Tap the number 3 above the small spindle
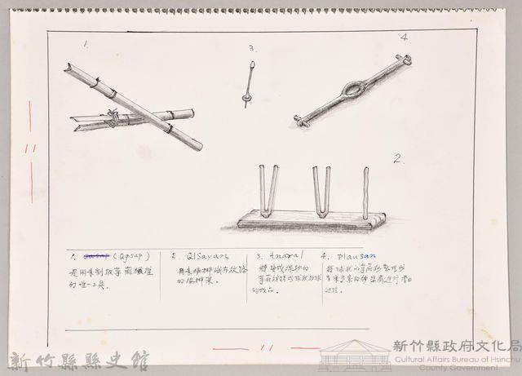tap(252, 48)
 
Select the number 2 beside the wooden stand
tap(399, 159)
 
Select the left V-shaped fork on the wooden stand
tap(268, 190)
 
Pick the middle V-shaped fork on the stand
tap(321, 190)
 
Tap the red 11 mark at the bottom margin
tap(266, 347)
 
